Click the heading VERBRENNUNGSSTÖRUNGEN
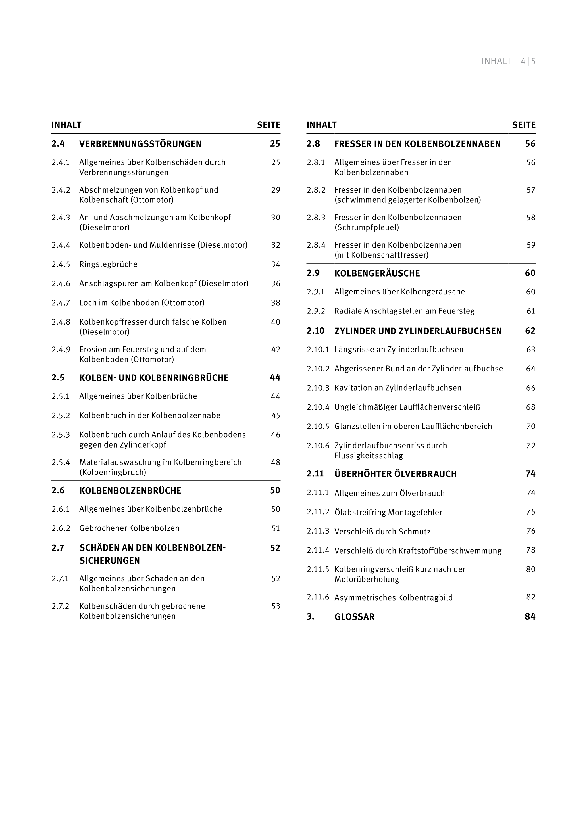[x=140, y=144]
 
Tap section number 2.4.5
[x=61, y=264]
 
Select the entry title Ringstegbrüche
[x=108, y=264]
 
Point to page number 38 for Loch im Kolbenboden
[x=276, y=303]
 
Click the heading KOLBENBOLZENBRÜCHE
[x=130, y=491]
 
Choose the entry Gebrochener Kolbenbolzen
[x=129, y=528]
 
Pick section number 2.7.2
[x=60, y=606]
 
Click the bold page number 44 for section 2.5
[x=275, y=378]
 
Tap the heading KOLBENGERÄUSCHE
[x=377, y=273]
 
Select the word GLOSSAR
[x=354, y=617]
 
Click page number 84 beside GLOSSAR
[x=530, y=617]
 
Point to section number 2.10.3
[x=318, y=388]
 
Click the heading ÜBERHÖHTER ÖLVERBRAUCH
[x=395, y=474]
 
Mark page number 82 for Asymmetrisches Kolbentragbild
[x=530, y=597]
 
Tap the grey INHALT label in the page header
[x=496, y=61]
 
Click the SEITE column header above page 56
[x=524, y=125]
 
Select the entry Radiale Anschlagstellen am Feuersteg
[x=404, y=311]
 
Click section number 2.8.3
[x=316, y=218]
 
